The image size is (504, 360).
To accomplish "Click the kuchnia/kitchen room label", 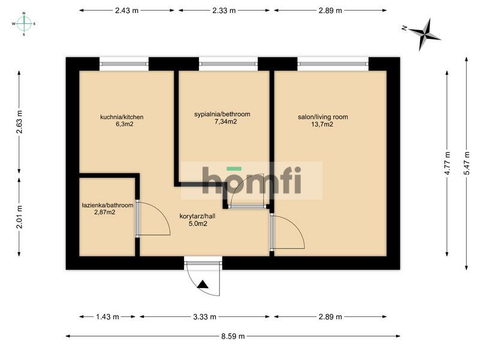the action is click(x=122, y=117).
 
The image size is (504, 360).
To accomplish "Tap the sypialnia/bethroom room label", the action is click(x=222, y=114).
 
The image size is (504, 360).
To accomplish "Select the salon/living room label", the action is click(x=322, y=117).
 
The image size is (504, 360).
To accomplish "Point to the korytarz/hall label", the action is click(x=197, y=216).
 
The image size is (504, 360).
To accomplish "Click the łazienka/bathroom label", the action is click(x=108, y=205).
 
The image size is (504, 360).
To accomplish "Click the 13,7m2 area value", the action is click(x=322, y=124).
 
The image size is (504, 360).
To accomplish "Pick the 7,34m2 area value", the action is click(x=226, y=122).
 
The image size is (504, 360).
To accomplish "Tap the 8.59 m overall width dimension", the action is click(x=233, y=336).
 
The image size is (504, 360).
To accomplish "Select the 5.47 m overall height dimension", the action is click(x=466, y=163).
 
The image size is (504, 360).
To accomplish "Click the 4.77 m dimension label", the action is click(x=447, y=163).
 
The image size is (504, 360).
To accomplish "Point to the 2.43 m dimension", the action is click(x=126, y=10).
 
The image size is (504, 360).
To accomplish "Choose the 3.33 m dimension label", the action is click(x=204, y=317).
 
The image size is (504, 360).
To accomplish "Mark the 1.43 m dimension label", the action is click(x=107, y=317).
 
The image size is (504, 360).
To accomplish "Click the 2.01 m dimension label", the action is click(x=19, y=217).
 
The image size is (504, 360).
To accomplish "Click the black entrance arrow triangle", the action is click(x=203, y=285).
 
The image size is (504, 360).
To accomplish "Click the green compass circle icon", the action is click(x=24, y=23).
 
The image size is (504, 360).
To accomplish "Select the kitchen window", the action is click(x=124, y=64).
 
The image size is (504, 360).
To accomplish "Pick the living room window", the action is click(x=333, y=64).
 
